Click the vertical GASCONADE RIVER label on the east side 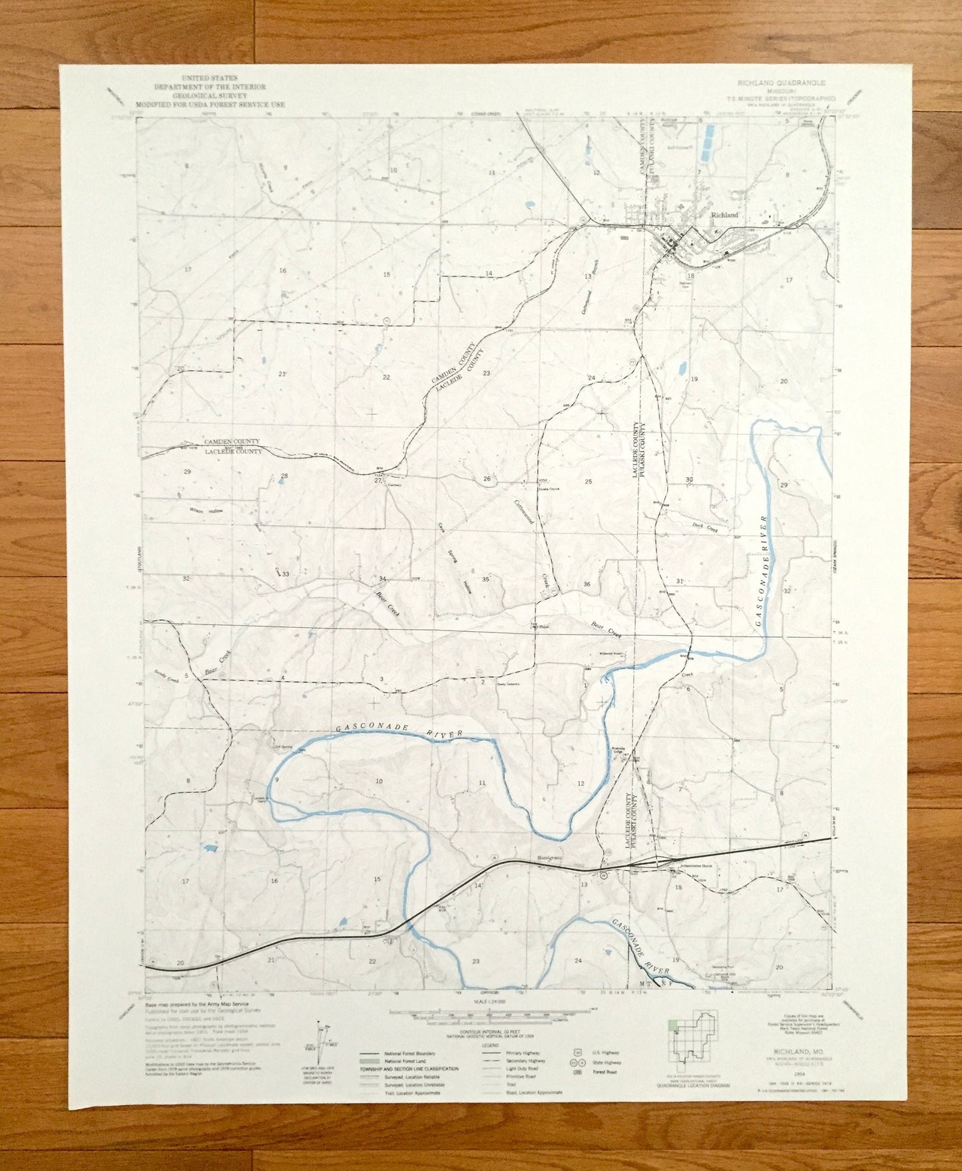[x=763, y=571]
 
